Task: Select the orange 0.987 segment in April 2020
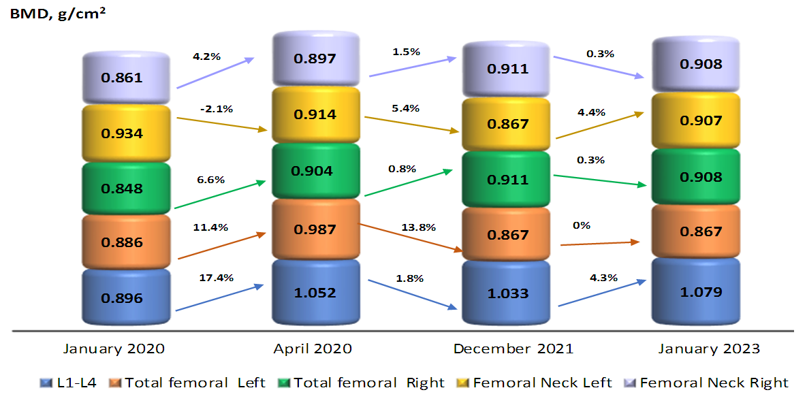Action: coord(315,229)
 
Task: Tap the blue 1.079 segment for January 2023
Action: coord(697,292)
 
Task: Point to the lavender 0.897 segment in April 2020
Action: coord(315,59)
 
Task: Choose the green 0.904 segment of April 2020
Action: coord(315,171)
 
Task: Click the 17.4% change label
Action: coord(217,278)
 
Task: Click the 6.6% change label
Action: coord(211,179)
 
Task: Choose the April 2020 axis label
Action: coord(313,349)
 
